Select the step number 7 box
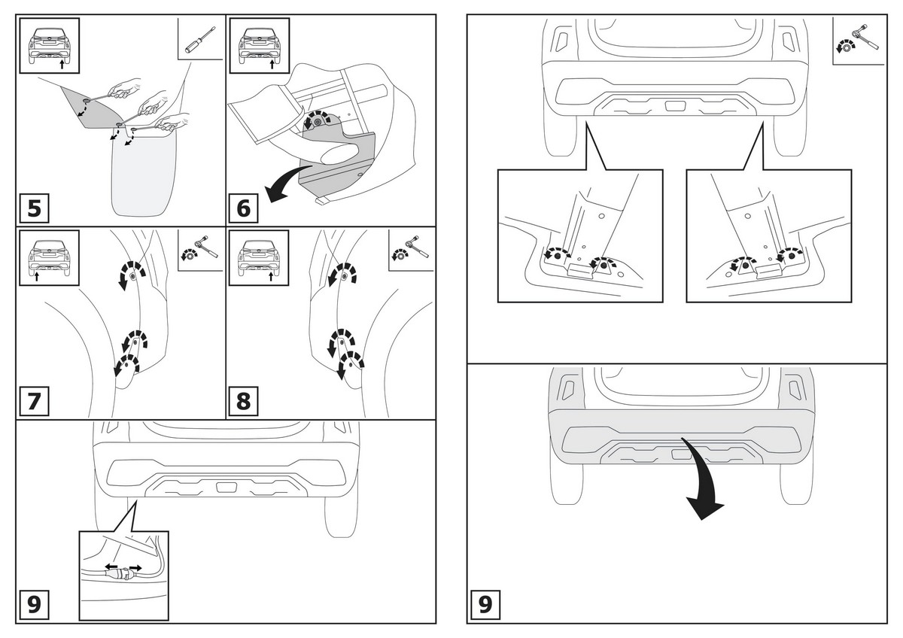coord(34,401)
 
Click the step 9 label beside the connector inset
coord(34,604)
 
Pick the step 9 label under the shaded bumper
coord(485,604)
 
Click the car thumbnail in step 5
coord(49,44)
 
